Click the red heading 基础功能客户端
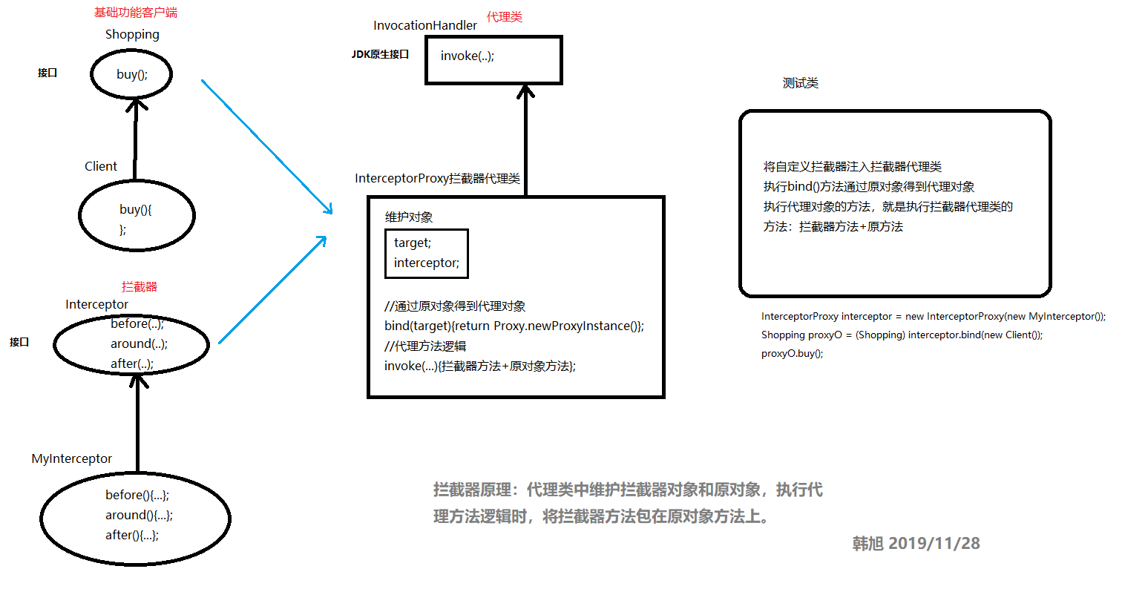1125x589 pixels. tap(136, 13)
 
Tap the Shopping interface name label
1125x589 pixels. tap(132, 34)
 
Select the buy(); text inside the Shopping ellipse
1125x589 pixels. tap(132, 74)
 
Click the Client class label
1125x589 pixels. tap(101, 166)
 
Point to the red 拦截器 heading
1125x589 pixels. tap(140, 287)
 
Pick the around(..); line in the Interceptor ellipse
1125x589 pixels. tap(139, 343)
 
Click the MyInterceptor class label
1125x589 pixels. tap(72, 458)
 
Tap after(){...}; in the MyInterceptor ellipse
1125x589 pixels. tap(132, 535)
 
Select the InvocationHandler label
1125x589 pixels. tap(425, 25)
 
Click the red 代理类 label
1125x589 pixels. tap(505, 17)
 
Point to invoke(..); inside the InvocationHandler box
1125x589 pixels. tap(467, 56)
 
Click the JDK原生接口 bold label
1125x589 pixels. tap(380, 54)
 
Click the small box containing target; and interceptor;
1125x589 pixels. tap(427, 253)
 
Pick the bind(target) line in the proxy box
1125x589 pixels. tap(514, 326)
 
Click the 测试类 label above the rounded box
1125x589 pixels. tap(801, 83)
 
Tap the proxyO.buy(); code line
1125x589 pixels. tap(792, 353)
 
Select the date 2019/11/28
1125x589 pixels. tap(934, 544)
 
